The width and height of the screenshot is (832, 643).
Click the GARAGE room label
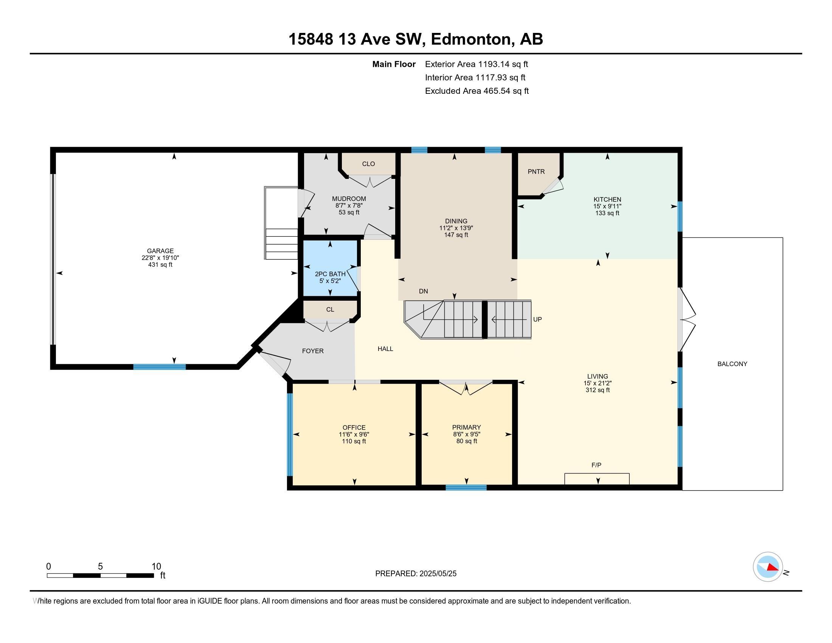(160, 251)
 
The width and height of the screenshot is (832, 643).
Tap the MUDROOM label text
(349, 199)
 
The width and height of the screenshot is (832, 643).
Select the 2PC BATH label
(330, 274)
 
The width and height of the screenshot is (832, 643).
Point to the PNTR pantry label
(536, 172)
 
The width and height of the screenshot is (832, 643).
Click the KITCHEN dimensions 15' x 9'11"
(607, 206)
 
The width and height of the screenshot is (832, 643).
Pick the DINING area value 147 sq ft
(456, 235)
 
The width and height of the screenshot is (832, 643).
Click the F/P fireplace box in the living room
(596, 478)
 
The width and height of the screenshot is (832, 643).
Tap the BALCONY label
(732, 364)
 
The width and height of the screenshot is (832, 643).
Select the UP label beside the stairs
(537, 320)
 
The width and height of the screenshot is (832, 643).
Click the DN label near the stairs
(423, 291)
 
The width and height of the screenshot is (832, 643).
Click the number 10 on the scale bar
(156, 566)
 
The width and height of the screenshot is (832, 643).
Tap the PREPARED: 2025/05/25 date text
(416, 573)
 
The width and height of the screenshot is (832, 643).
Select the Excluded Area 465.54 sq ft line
(477, 91)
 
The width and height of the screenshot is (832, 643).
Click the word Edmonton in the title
(471, 39)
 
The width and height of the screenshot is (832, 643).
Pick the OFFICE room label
(354, 427)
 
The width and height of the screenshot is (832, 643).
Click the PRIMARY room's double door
(466, 387)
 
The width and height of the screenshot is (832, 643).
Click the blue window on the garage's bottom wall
(159, 367)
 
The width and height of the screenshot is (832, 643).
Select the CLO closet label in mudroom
(368, 164)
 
